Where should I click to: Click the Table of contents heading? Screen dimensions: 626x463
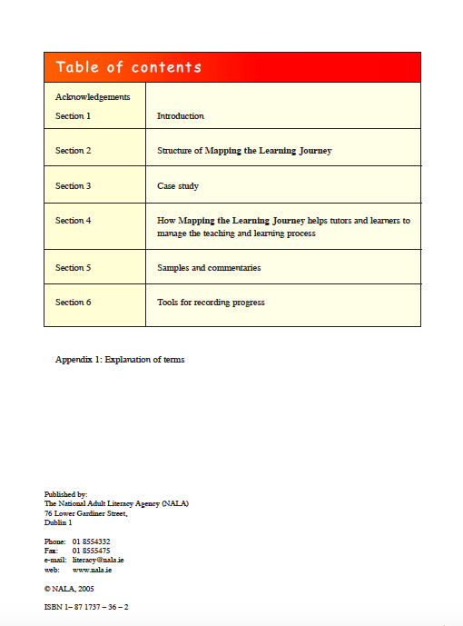[x=129, y=67]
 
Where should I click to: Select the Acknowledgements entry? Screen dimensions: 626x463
[x=93, y=96]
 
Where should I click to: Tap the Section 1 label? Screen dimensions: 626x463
[x=74, y=116]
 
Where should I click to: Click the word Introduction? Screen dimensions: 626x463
[x=181, y=116]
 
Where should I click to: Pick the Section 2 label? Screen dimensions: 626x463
[x=74, y=151]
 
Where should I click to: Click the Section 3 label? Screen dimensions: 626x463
[x=74, y=186]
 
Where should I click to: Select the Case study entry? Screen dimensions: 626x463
[x=178, y=186]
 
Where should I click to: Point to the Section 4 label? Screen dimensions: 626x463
[x=74, y=221]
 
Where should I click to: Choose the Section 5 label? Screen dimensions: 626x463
[x=74, y=268]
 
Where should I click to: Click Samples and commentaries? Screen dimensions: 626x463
[x=209, y=268]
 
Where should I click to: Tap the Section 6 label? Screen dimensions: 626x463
[x=74, y=303]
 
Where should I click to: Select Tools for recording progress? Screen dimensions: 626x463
[x=211, y=303]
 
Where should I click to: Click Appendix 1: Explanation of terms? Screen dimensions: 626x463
[x=120, y=360]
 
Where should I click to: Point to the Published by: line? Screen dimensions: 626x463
[x=65, y=494]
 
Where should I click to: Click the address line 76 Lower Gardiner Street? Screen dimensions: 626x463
[x=86, y=513]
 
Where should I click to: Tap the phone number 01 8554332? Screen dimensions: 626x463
[x=92, y=542]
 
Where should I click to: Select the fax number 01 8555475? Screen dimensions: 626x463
[x=92, y=551]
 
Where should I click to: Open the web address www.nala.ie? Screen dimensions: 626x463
[x=93, y=570]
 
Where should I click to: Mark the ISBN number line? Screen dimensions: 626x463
[x=86, y=606]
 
